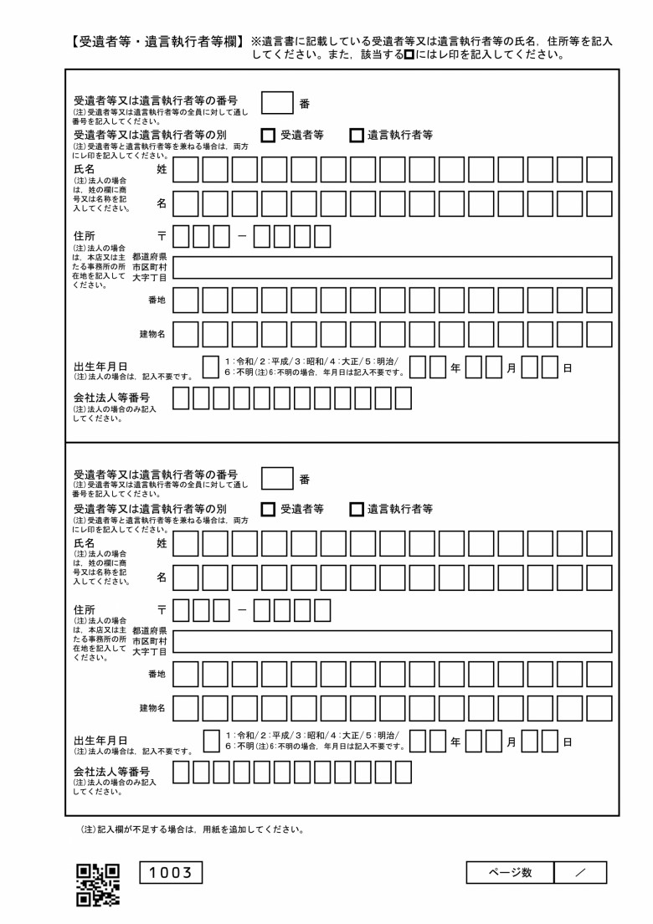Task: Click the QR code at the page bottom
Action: tap(98, 885)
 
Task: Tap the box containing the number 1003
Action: tap(170, 873)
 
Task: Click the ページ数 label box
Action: tap(510, 872)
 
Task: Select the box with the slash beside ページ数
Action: tap(580, 872)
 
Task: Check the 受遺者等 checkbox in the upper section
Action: tap(268, 135)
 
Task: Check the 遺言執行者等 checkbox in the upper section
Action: tap(357, 135)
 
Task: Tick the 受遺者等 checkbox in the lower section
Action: tap(268, 509)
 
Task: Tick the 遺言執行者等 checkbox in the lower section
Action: tap(357, 509)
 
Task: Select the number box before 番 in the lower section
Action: tap(277, 478)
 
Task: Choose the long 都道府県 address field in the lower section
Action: tap(393, 642)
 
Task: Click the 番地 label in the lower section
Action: tap(157, 674)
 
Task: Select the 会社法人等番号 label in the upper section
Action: tap(111, 398)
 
